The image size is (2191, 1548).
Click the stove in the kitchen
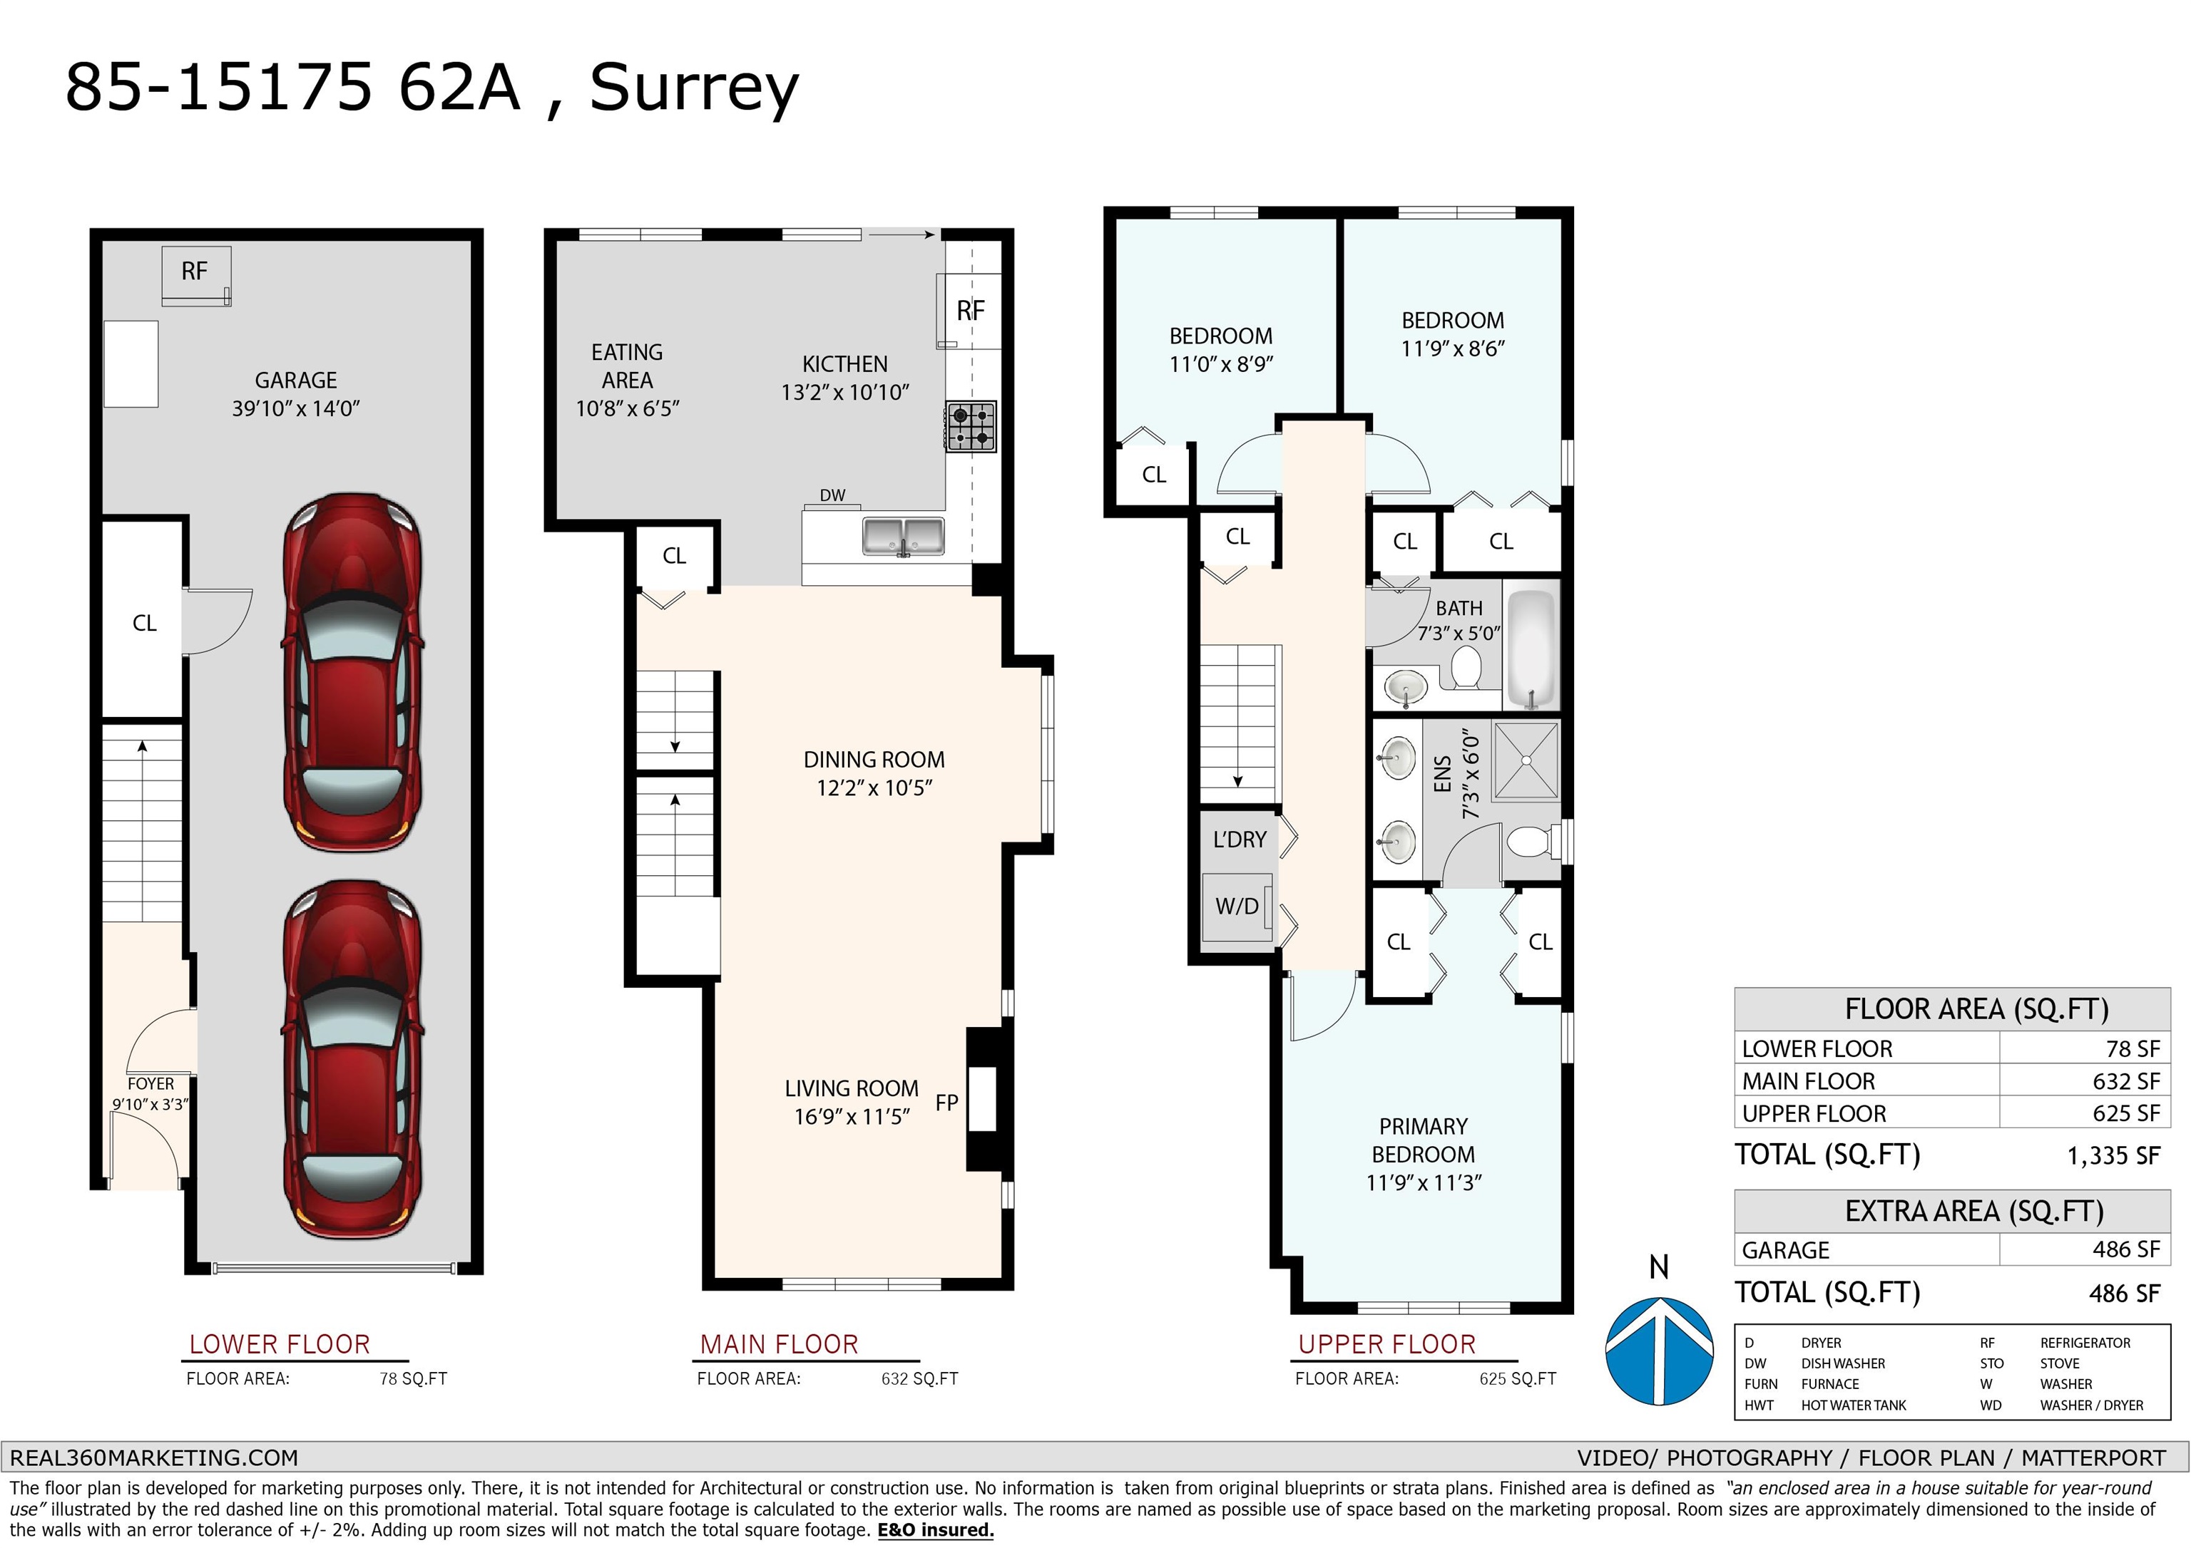(971, 426)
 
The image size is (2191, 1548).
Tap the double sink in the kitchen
(903, 536)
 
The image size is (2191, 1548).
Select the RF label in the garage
(195, 271)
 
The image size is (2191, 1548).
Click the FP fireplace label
(946, 1103)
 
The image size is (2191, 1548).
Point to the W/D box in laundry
(1237, 906)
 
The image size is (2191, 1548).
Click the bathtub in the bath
(1531, 649)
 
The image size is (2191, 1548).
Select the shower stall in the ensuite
(1526, 760)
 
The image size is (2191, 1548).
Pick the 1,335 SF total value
(2113, 1156)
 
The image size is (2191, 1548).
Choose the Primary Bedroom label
(1424, 1140)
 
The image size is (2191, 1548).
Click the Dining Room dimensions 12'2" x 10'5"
(874, 788)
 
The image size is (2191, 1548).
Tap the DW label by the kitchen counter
(832, 495)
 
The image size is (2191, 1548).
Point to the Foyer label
(150, 1083)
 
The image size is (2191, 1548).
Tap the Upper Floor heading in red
(1386, 1344)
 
